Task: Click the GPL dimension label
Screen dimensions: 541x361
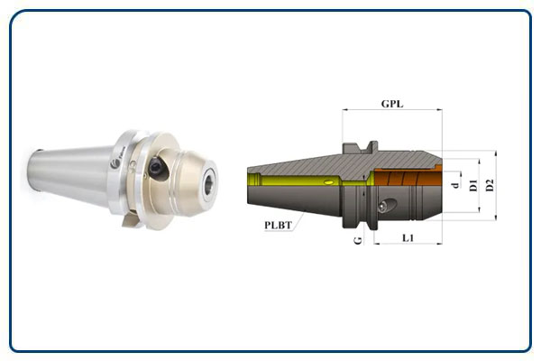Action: pyautogui.click(x=392, y=104)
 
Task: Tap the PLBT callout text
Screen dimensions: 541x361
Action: pyautogui.click(x=278, y=226)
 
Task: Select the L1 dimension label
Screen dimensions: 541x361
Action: pyautogui.click(x=408, y=237)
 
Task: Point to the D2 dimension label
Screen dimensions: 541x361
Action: pyautogui.click(x=490, y=185)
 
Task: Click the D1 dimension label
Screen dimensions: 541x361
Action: pyautogui.click(x=473, y=185)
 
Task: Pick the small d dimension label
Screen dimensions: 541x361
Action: pyautogui.click(x=456, y=185)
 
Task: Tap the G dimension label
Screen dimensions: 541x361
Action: pyautogui.click(x=359, y=240)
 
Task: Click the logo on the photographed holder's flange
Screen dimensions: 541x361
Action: pyautogui.click(x=115, y=164)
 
